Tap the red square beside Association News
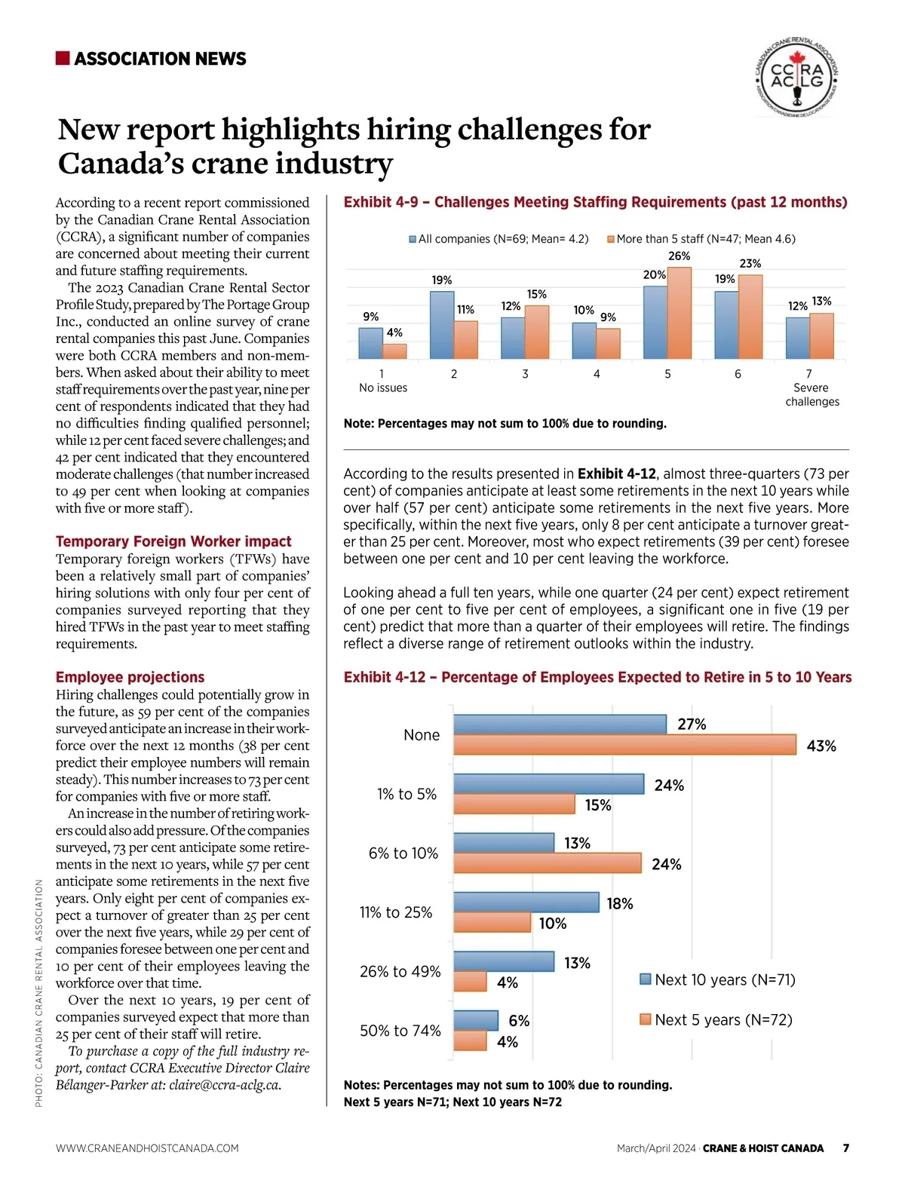tap(63, 58)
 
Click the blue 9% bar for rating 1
tap(370, 343)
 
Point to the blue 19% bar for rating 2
tap(442, 325)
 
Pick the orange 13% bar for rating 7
tap(821, 336)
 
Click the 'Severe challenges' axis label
tap(811, 394)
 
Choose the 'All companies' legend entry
tap(499, 239)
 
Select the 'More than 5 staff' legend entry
tap(701, 239)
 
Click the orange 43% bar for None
tap(624, 745)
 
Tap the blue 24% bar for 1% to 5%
tap(548, 784)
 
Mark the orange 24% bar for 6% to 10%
tap(547, 863)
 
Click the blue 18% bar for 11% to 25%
tap(526, 903)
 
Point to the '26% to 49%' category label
tap(400, 971)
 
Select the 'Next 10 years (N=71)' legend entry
tap(717, 979)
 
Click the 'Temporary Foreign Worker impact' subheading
tap(173, 541)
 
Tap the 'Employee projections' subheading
tap(130, 677)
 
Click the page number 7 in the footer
tap(846, 1148)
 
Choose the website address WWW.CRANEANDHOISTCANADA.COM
tap(147, 1148)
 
